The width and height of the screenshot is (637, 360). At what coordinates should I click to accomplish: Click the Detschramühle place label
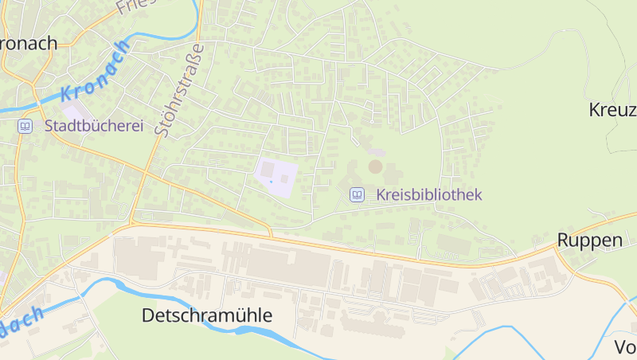[207, 315]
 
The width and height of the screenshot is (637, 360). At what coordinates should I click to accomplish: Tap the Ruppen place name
[589, 241]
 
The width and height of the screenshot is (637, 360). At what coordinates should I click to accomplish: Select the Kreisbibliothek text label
[429, 194]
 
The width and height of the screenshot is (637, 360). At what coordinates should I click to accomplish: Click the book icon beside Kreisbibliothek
[358, 194]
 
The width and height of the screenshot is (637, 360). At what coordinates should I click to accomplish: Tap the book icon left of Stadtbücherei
[25, 126]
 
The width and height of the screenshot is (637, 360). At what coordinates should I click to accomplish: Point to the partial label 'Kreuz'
[612, 109]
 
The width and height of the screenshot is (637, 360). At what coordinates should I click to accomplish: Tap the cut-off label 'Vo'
[625, 347]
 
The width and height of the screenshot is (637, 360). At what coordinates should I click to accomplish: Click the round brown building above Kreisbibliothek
[375, 166]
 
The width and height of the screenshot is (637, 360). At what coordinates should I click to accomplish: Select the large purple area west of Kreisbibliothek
[276, 176]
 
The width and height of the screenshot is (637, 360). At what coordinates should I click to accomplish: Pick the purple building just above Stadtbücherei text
[73, 113]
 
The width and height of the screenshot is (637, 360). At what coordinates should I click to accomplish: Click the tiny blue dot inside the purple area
[271, 182]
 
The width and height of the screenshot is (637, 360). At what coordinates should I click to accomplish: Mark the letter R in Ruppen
[563, 241]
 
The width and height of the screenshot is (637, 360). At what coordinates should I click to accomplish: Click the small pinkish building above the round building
[377, 151]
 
